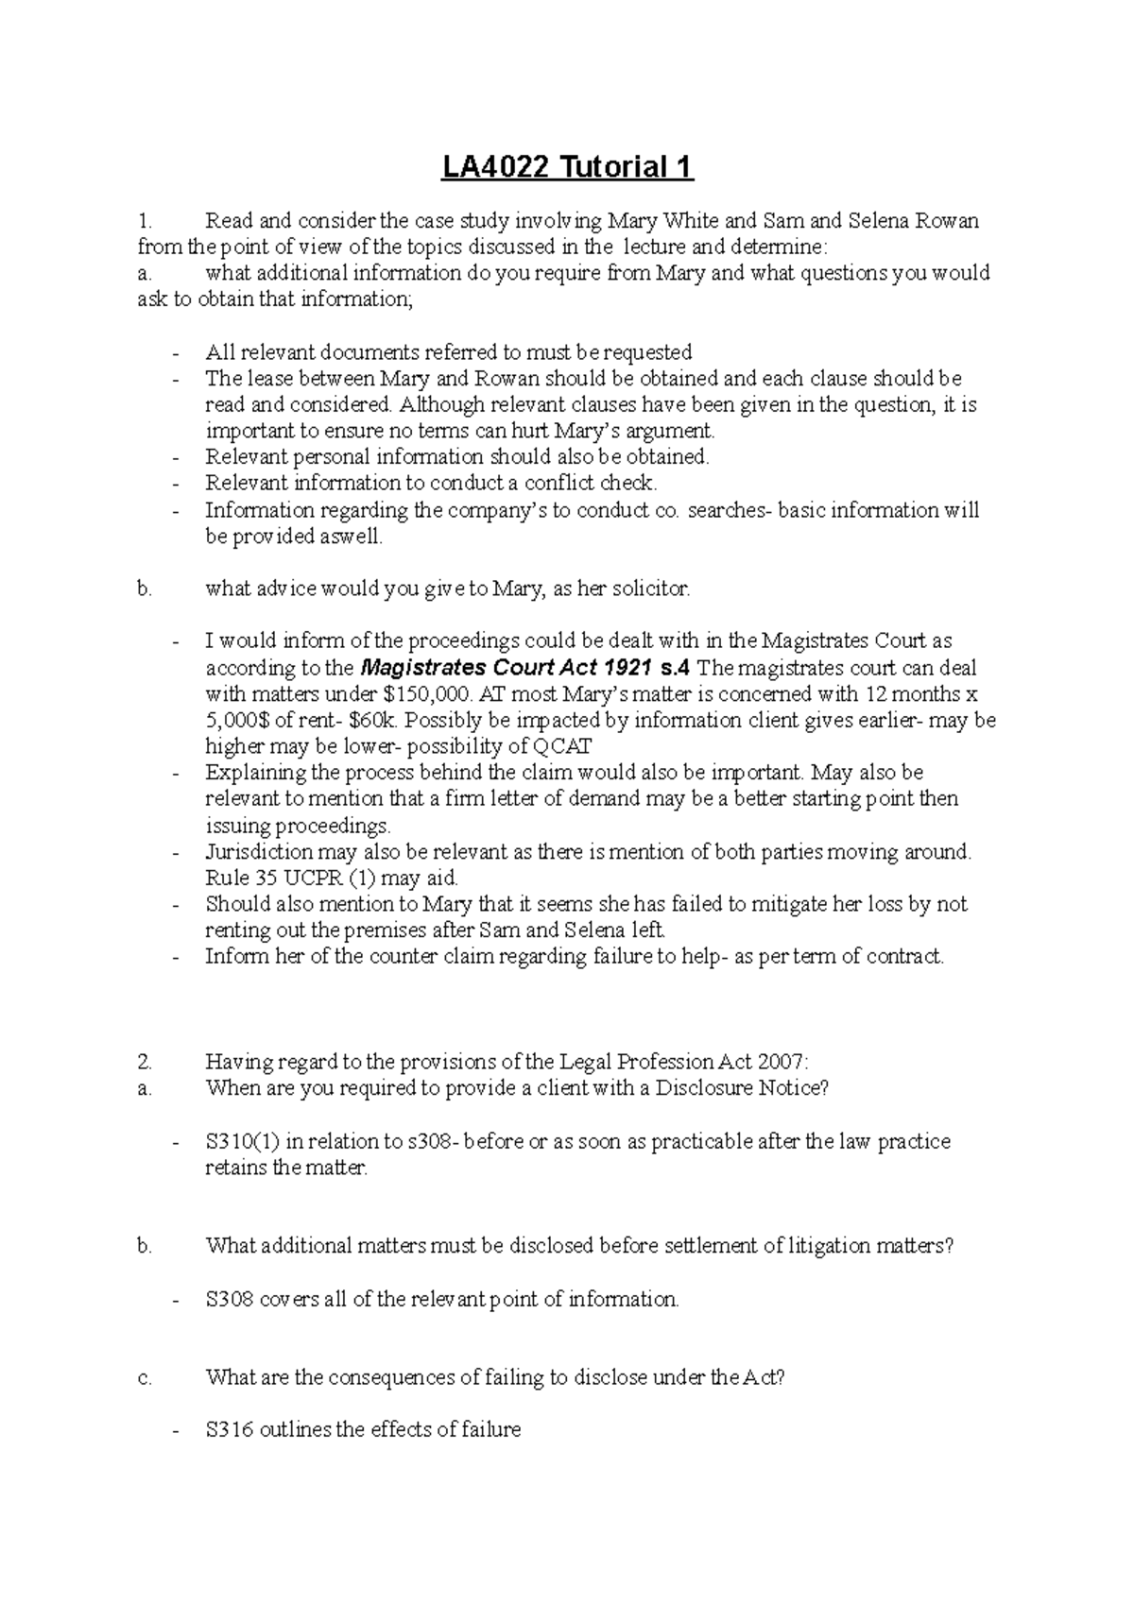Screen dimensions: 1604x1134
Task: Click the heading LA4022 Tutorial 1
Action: pyautogui.click(x=568, y=167)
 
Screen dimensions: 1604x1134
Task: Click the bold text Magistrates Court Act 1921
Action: pyautogui.click(x=507, y=668)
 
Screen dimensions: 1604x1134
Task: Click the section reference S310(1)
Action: pyautogui.click(x=243, y=1141)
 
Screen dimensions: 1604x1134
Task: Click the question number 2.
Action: pyautogui.click(x=144, y=1061)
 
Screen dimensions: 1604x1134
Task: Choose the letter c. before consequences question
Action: pyautogui.click(x=144, y=1377)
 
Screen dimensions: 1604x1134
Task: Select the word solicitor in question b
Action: pyautogui.click(x=653, y=589)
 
